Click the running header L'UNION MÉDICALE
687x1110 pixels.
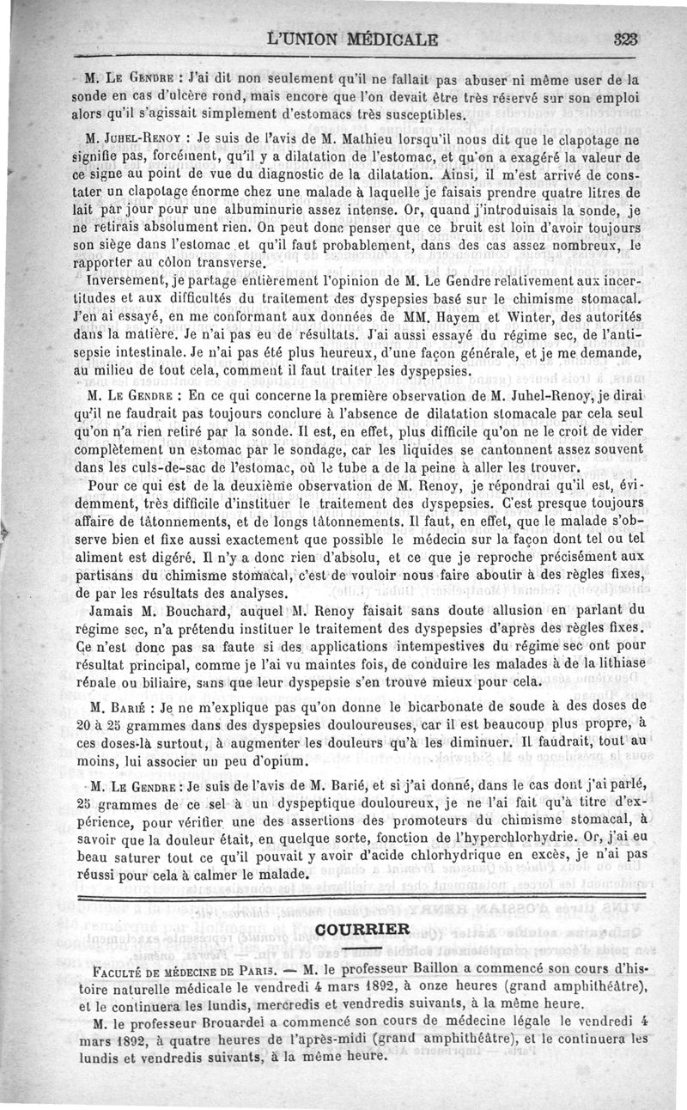click(353, 39)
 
